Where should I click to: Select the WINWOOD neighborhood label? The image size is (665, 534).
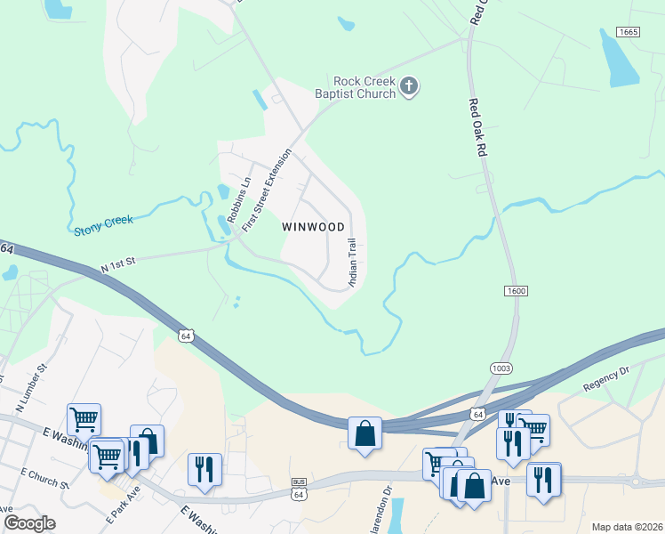313,227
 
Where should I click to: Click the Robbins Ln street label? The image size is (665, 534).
236,198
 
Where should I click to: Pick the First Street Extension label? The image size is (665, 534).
268,189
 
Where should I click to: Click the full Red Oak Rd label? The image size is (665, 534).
477,128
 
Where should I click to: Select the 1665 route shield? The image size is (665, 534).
629,32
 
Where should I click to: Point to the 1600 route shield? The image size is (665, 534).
515,291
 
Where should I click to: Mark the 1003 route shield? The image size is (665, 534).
500,368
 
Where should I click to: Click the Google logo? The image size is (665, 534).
29,523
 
